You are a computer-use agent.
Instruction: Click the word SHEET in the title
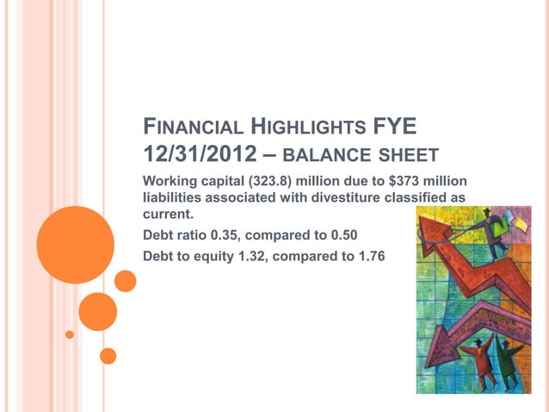[404, 158]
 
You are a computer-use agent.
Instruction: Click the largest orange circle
[76, 233]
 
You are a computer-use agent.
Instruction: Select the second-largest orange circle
[97, 311]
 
